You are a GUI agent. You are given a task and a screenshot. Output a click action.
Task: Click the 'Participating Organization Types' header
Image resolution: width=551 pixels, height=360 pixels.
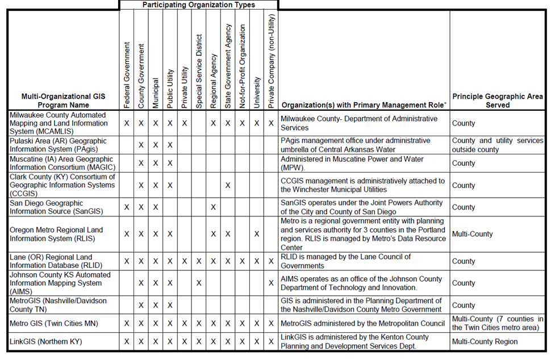198,5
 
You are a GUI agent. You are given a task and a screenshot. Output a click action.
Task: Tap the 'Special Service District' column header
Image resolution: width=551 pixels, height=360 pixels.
199,68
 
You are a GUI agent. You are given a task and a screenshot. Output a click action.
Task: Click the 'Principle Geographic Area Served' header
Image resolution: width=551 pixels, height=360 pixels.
498,101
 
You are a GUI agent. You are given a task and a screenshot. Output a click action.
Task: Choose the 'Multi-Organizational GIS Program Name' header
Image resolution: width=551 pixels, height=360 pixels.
63,101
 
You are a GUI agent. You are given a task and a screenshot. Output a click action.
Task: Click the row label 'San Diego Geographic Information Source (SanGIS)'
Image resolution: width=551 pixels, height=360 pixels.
56,207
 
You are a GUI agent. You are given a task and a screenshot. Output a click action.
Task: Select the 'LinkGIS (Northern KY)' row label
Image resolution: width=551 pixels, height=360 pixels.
45,342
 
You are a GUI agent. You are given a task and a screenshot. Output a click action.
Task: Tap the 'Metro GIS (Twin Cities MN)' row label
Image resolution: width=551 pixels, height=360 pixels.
54,324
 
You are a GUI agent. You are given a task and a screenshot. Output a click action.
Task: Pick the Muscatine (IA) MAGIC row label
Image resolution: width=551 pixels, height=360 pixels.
62,164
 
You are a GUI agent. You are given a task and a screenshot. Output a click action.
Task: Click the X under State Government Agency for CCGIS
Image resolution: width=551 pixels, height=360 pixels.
228,185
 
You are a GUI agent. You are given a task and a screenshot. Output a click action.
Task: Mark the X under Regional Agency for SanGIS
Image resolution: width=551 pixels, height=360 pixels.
213,207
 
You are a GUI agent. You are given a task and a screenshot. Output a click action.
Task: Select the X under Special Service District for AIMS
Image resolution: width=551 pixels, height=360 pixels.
199,283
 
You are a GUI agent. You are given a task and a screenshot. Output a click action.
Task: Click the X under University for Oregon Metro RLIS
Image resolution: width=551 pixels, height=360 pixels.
257,234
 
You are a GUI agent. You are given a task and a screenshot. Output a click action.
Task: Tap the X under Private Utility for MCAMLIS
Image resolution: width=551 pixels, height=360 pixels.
184,123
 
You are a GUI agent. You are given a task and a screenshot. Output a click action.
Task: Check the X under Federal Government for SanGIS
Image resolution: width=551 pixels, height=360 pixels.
127,207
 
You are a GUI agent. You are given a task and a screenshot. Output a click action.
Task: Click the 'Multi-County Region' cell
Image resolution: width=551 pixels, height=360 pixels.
485,342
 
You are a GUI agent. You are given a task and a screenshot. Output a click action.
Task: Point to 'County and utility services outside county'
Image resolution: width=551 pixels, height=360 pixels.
498,145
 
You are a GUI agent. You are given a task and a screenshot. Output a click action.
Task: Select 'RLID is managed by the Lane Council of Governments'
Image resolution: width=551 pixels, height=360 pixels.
345,261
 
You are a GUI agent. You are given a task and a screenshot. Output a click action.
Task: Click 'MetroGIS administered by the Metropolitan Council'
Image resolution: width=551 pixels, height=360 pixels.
363,324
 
